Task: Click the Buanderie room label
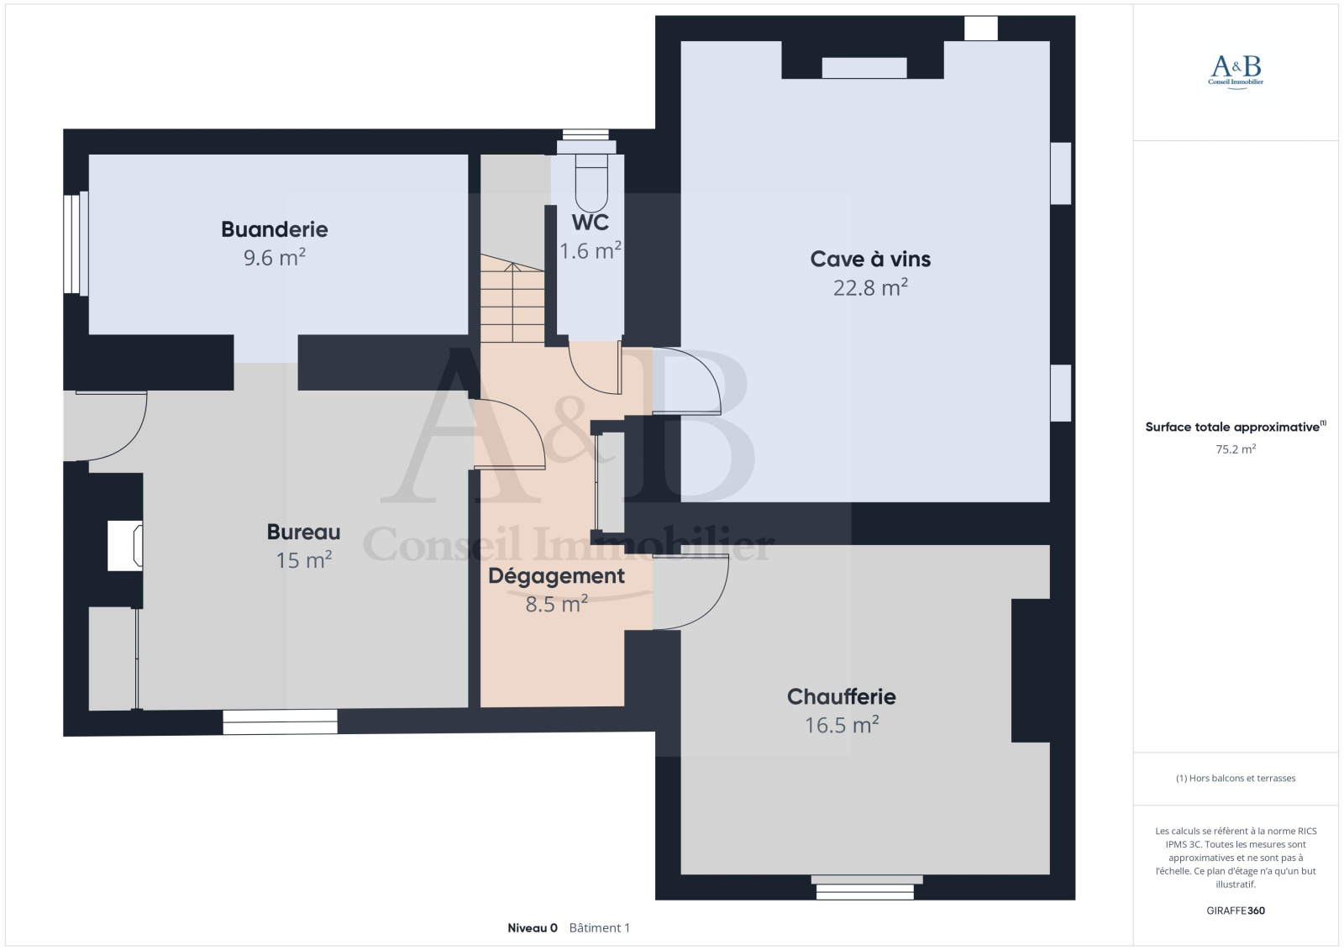click(x=274, y=229)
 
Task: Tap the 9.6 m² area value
click(x=274, y=258)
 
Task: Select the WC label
click(x=591, y=223)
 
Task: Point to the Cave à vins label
click(x=870, y=260)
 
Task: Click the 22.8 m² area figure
click(x=870, y=288)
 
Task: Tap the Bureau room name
click(x=303, y=532)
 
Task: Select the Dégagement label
click(x=556, y=576)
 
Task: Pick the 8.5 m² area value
click(x=556, y=604)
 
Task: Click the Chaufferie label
click(x=841, y=696)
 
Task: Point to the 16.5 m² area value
click(x=841, y=725)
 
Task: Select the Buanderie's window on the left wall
click(x=76, y=243)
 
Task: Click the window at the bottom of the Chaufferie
click(x=866, y=888)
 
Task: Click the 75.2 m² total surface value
click(x=1236, y=449)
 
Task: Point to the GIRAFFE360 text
click(x=1236, y=911)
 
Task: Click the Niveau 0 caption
click(x=533, y=928)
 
